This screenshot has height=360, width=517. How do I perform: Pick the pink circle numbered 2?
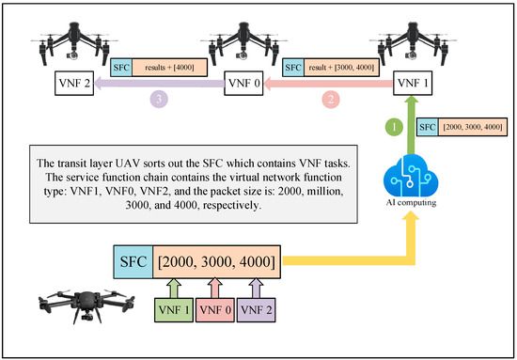click(x=330, y=97)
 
